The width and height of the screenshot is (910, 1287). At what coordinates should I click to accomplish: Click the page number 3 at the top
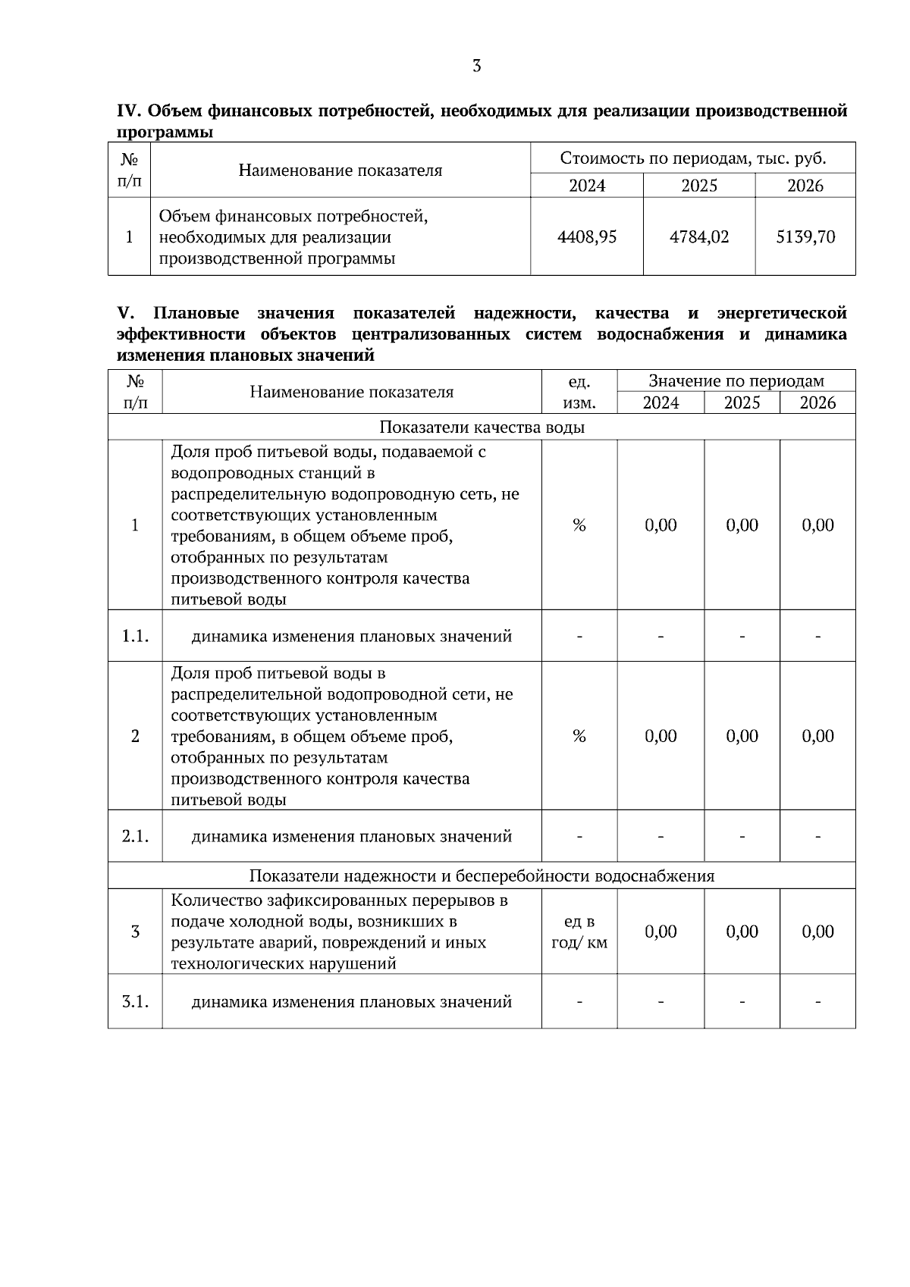coord(476,66)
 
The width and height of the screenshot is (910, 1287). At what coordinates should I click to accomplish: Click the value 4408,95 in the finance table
coord(586,237)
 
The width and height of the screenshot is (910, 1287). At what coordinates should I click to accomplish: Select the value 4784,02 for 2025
coord(698,237)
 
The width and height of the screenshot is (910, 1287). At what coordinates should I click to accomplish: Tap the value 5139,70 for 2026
coord(805,237)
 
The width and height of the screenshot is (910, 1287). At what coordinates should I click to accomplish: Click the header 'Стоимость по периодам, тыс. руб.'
coord(692,158)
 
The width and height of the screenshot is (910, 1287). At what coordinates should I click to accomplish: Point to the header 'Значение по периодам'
coord(736,381)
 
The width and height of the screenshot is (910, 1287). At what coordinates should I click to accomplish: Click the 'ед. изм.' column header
coord(579,392)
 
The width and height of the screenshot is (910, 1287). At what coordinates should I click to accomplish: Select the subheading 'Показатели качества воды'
coord(482,427)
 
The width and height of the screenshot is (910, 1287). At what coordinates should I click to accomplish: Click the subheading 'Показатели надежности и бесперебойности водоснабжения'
coord(482,876)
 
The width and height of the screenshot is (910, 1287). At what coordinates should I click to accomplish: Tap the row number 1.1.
coord(135,636)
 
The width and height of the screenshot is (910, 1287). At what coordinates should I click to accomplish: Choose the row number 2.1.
coord(135,836)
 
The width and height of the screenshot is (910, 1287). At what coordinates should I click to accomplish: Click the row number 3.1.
coord(135,1001)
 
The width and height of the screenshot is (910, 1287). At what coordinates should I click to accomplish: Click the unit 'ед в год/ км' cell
coord(579,932)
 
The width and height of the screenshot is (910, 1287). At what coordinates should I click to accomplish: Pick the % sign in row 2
coord(579,736)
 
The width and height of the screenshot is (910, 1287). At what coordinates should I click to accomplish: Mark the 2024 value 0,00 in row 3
coord(660,932)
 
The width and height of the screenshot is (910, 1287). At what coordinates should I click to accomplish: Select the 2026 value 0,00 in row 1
coord(817,525)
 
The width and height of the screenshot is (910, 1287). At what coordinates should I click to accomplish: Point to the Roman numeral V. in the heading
coord(125,313)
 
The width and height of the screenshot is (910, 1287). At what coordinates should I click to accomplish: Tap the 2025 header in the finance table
coord(698,186)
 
